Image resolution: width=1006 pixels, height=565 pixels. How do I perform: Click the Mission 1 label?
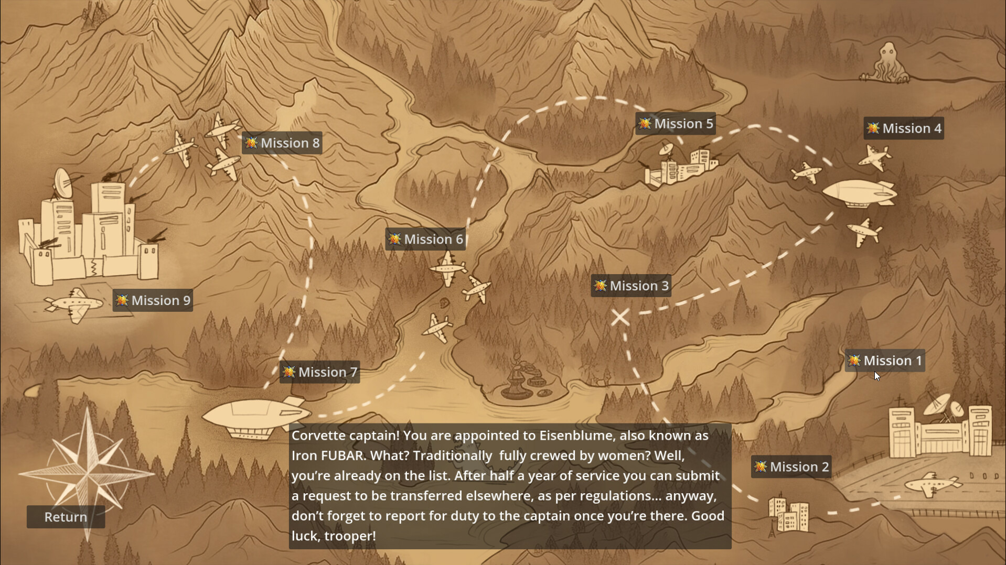pos(885,361)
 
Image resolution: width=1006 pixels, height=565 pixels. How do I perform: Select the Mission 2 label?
pos(791,466)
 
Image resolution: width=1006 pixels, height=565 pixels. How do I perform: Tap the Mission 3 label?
pos(631,286)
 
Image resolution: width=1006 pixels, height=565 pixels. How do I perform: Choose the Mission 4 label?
pos(904,128)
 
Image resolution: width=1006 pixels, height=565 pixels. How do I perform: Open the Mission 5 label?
pos(676,124)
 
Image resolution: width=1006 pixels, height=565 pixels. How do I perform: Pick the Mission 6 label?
pos(425,239)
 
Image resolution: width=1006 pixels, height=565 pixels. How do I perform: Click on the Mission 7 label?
pos(319,372)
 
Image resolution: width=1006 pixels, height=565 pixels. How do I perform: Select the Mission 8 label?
pos(282,143)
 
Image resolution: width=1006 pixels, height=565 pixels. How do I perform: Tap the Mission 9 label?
pos(153,300)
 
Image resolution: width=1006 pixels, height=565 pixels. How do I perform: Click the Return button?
pos(66,517)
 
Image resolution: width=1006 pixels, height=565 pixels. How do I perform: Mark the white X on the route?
pos(620,317)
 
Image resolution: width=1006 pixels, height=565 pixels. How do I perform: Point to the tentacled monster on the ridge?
pos(887,64)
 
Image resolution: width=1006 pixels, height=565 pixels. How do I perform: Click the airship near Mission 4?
pos(859,194)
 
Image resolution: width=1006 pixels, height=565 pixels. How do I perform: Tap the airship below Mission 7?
pos(252,417)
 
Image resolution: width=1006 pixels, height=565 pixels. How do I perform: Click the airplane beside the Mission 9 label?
pos(74,305)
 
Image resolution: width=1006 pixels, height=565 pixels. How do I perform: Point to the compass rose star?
pos(87,472)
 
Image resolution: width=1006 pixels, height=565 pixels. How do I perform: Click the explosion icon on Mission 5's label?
pos(645,124)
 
